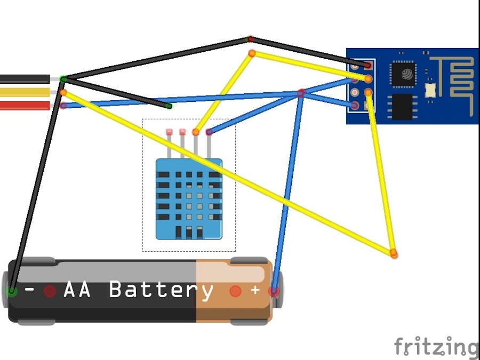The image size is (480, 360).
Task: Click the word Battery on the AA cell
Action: coord(161,291)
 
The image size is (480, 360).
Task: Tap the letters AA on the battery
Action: coord(77,291)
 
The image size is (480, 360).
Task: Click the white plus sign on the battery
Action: coord(255,291)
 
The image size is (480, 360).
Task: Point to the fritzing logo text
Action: coord(436,347)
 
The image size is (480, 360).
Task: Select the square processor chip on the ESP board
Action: coord(404,74)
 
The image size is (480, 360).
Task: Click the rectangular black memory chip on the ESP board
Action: coord(404,107)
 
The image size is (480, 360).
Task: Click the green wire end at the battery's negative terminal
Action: coord(11,291)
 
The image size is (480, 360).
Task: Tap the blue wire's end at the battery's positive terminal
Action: coord(274,291)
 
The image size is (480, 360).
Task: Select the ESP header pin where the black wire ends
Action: coord(368,66)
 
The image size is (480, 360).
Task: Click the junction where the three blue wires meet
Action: coord(301,93)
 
